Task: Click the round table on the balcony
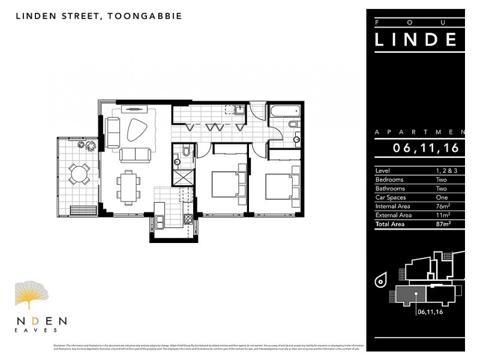click(x=76, y=174)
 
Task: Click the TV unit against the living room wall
click(x=134, y=109)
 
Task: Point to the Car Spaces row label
click(x=391, y=197)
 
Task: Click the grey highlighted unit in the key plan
click(x=409, y=294)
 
